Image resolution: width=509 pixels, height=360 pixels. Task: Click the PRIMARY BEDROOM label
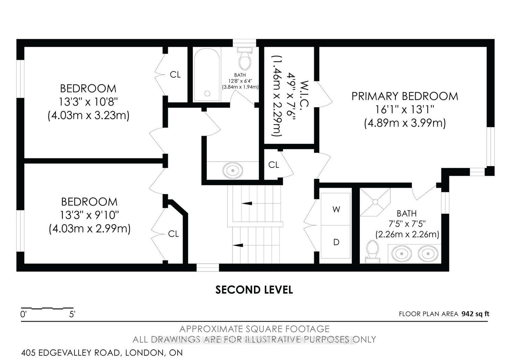coord(405,96)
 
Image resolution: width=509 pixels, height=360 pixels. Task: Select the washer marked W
coord(336,209)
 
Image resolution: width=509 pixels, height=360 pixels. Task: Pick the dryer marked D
coord(336,242)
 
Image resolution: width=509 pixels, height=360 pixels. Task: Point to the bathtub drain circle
coord(207,93)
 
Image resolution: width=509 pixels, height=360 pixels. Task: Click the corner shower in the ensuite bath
coord(375,202)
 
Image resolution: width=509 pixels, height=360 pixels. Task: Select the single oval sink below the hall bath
coord(233,170)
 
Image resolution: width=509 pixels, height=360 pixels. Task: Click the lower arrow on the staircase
coord(238,245)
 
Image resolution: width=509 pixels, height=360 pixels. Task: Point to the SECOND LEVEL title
coord(254,290)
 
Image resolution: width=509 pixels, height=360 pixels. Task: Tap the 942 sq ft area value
coord(475,314)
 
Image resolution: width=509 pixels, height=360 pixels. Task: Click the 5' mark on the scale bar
coord(72,314)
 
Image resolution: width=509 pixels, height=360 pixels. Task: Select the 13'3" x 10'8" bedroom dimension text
coord(88,102)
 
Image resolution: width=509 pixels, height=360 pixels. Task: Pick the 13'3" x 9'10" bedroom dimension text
coord(89,215)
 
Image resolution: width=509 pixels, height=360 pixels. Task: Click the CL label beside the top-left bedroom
coord(175,74)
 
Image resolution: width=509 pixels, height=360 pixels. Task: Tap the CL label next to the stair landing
coord(274,165)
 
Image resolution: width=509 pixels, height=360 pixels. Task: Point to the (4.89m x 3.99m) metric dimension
coord(405,124)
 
